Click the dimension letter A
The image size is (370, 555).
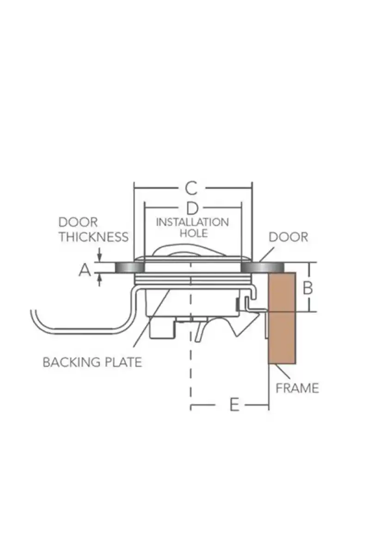click(84, 269)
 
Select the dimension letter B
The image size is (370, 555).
click(308, 288)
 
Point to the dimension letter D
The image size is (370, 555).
click(192, 208)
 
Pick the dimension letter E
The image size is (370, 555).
click(234, 406)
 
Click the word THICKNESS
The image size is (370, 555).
click(93, 237)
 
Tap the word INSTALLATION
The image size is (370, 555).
click(192, 222)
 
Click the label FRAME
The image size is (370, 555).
click(297, 388)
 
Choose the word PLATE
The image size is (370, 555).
click(124, 362)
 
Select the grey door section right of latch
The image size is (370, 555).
click(261, 268)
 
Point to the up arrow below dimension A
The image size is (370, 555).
click(99, 279)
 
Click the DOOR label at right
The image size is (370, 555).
click(288, 237)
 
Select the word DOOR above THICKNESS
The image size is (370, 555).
click(78, 222)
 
